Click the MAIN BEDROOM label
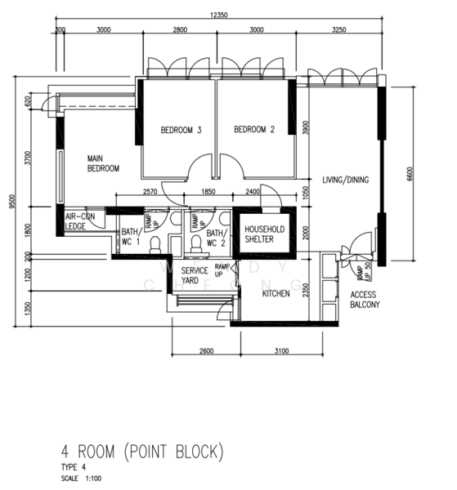[x=104, y=163]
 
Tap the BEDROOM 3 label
[x=181, y=130]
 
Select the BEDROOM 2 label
[x=254, y=130]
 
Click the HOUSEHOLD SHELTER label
[x=265, y=234]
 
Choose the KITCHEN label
[x=276, y=293]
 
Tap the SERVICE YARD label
[x=195, y=275]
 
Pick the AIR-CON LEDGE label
[x=80, y=221]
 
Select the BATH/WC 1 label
[x=131, y=237]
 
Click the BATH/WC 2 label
[x=215, y=237]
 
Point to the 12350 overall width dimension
[x=217, y=15]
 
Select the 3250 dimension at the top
[x=338, y=29]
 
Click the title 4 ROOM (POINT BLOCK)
[x=141, y=451]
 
